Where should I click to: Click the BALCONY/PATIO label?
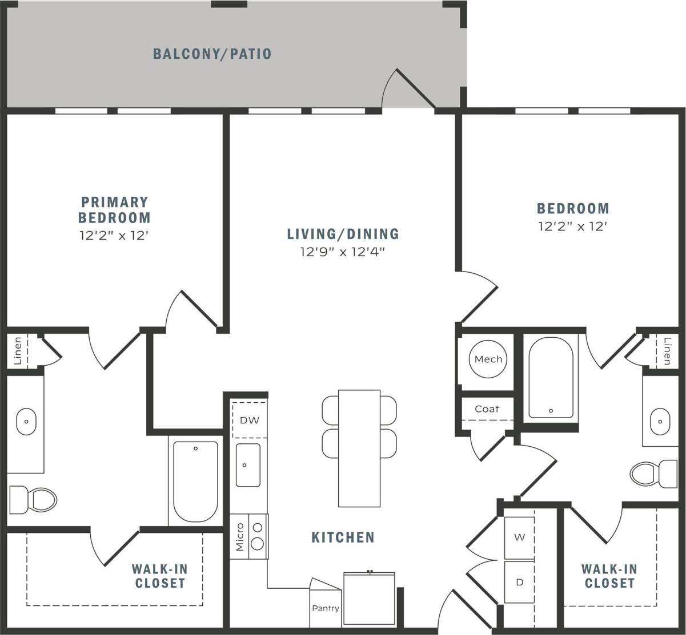(212, 54)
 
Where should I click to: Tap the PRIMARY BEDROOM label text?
(114, 209)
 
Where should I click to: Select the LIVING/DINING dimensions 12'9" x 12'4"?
(343, 252)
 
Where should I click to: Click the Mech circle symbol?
(488, 359)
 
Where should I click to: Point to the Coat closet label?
(487, 408)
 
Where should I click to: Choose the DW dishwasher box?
(249, 420)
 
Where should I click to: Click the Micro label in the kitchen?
(240, 536)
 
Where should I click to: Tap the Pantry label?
(326, 608)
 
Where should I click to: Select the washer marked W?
(519, 537)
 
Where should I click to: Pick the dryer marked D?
(519, 583)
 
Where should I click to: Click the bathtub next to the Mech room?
(551, 378)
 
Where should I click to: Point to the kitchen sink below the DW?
(248, 465)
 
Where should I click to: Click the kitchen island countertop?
(359, 448)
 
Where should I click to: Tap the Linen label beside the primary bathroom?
(17, 351)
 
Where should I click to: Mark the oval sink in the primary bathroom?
(26, 422)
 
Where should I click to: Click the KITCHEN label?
(343, 537)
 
